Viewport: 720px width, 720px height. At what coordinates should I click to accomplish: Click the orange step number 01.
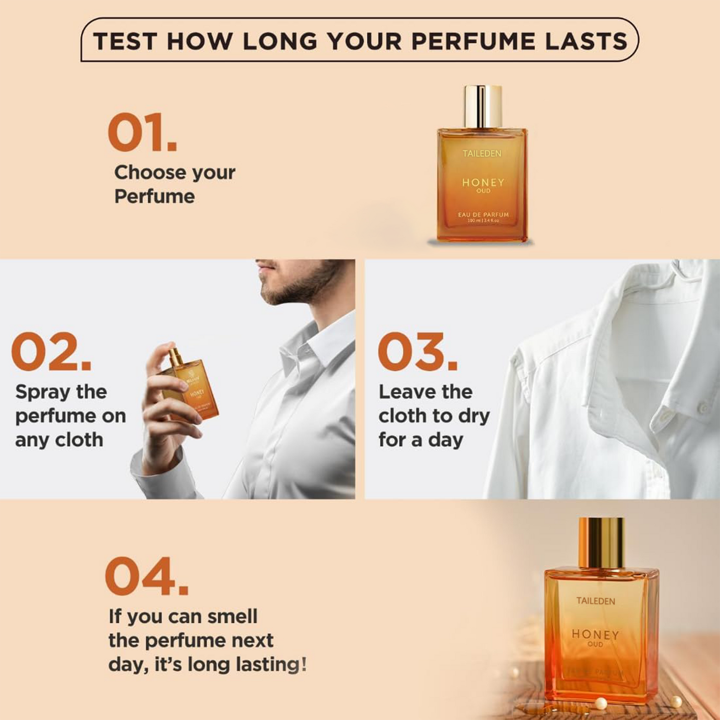(x=142, y=133)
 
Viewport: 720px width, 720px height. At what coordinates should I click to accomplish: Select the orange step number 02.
(x=51, y=352)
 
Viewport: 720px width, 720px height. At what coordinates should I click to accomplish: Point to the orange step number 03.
(x=417, y=352)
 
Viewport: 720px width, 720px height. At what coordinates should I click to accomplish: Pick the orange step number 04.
(x=146, y=576)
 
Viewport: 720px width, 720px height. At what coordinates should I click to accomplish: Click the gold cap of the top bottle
(x=482, y=106)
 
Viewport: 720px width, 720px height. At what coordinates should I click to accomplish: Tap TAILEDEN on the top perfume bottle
(x=482, y=153)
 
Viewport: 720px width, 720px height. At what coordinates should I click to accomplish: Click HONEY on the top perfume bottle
(x=483, y=182)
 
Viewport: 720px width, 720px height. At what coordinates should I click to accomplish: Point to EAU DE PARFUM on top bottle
(x=483, y=215)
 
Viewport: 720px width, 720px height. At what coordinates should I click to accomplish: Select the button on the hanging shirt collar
(x=703, y=409)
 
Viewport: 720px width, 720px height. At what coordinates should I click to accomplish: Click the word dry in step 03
(x=474, y=416)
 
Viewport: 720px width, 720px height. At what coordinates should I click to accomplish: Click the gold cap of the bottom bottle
(x=601, y=543)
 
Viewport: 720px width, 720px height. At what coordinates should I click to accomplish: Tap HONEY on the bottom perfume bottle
(x=595, y=634)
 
